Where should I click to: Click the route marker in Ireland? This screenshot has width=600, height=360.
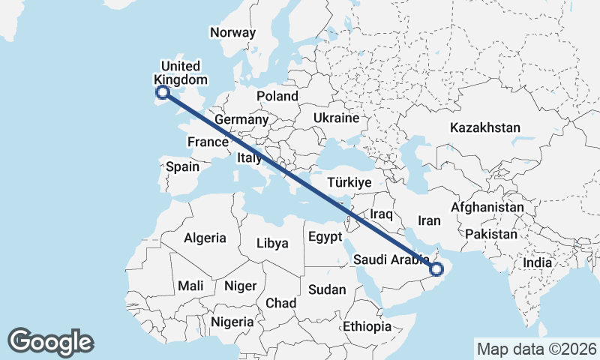coord(162,93)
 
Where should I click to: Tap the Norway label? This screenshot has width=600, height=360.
coord(232,32)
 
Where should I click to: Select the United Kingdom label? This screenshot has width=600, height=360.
coord(180,73)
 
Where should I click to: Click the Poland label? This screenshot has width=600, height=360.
coord(277,96)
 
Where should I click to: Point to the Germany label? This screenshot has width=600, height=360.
coord(241,120)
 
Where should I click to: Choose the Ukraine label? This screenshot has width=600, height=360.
coord(337,118)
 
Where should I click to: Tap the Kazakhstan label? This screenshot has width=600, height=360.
coord(484,127)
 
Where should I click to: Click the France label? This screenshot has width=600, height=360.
coord(208,142)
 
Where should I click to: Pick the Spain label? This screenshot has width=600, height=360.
coord(182,167)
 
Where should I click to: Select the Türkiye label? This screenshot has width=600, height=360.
coord(350,182)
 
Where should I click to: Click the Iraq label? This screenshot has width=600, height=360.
coord(382,214)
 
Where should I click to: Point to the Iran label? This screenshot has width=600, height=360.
coord(429,220)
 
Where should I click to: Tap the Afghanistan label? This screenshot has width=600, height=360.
coord(487,207)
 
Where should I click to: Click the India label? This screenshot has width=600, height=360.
coord(537,262)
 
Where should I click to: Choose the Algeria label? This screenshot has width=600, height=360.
coord(205,238)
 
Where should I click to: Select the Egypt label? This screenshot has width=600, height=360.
coord(325,237)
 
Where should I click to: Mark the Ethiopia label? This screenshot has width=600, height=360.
coord(367,327)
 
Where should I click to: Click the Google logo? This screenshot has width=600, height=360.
coord(50,341)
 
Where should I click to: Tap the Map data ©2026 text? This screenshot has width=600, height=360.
coord(536,349)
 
